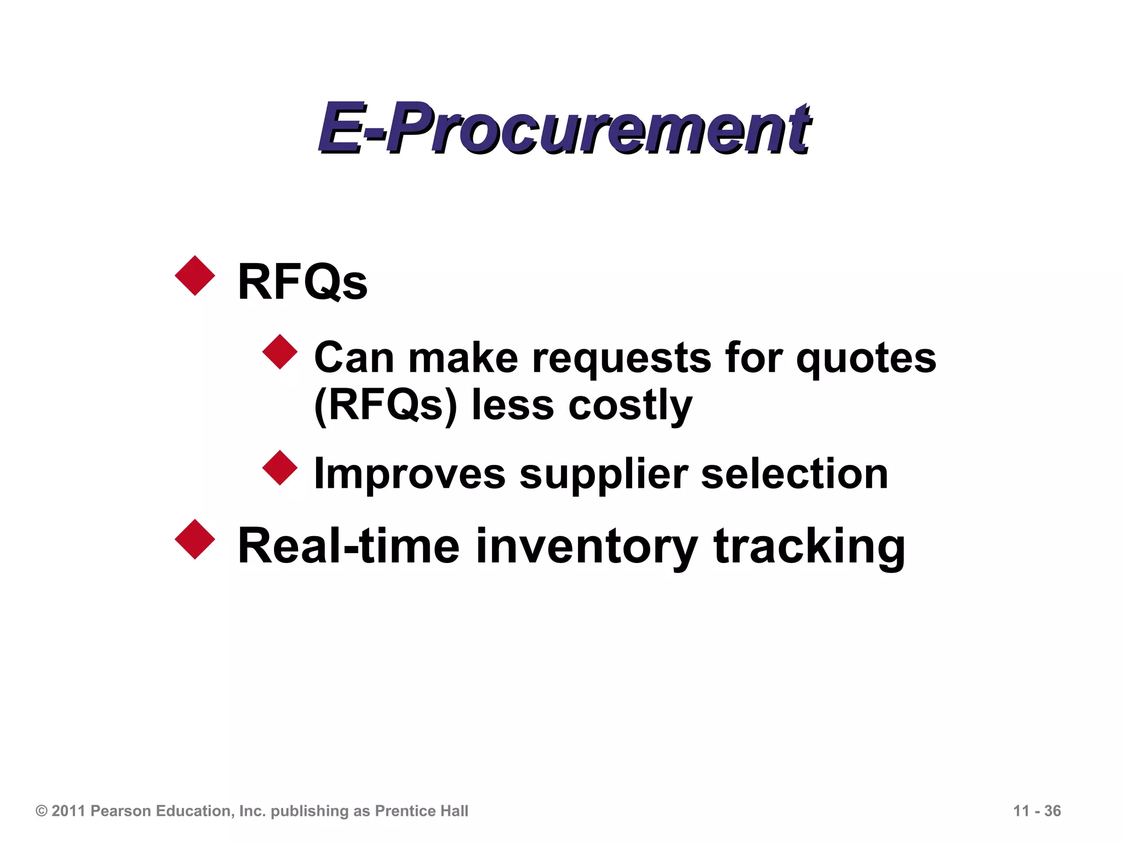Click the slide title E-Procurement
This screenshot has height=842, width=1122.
[564, 128]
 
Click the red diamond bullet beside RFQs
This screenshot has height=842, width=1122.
[195, 276]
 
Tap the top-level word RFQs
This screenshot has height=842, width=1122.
[302, 282]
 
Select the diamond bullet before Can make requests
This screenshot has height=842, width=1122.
[280, 352]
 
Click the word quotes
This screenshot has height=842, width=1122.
[866, 359]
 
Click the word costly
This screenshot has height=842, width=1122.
[630, 406]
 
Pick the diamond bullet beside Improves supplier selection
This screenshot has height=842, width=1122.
[280, 468]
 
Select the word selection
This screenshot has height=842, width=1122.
[794, 475]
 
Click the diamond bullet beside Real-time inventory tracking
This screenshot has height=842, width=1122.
[195, 539]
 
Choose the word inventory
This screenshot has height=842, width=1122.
[586, 546]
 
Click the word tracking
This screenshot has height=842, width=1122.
[809, 546]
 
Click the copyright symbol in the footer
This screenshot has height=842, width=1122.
[42, 811]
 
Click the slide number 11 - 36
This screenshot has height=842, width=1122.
[1037, 811]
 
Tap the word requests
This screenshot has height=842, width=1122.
[621, 359]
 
